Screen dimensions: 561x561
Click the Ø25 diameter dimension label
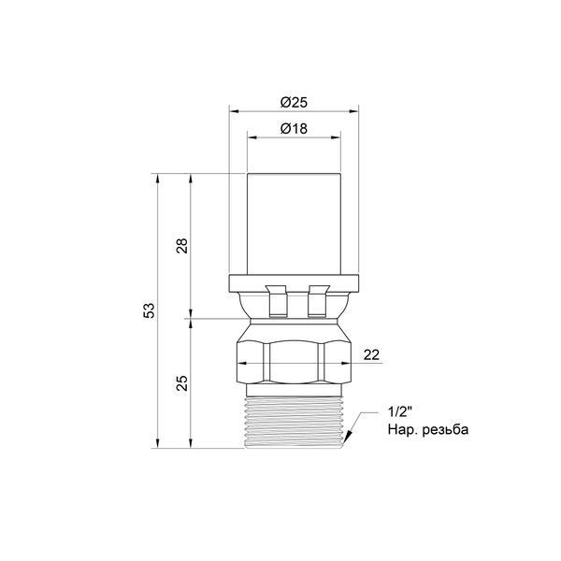(x=294, y=102)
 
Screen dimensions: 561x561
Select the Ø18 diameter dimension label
(x=294, y=128)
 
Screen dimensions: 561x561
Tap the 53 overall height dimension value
(x=149, y=310)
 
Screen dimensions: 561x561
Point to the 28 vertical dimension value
(x=181, y=246)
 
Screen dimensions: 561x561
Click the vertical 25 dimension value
(x=181, y=382)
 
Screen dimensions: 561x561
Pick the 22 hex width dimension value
(x=371, y=355)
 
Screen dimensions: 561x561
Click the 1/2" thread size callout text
(x=398, y=411)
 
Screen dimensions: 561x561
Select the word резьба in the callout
(x=445, y=429)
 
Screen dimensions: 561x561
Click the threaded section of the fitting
(x=294, y=423)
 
